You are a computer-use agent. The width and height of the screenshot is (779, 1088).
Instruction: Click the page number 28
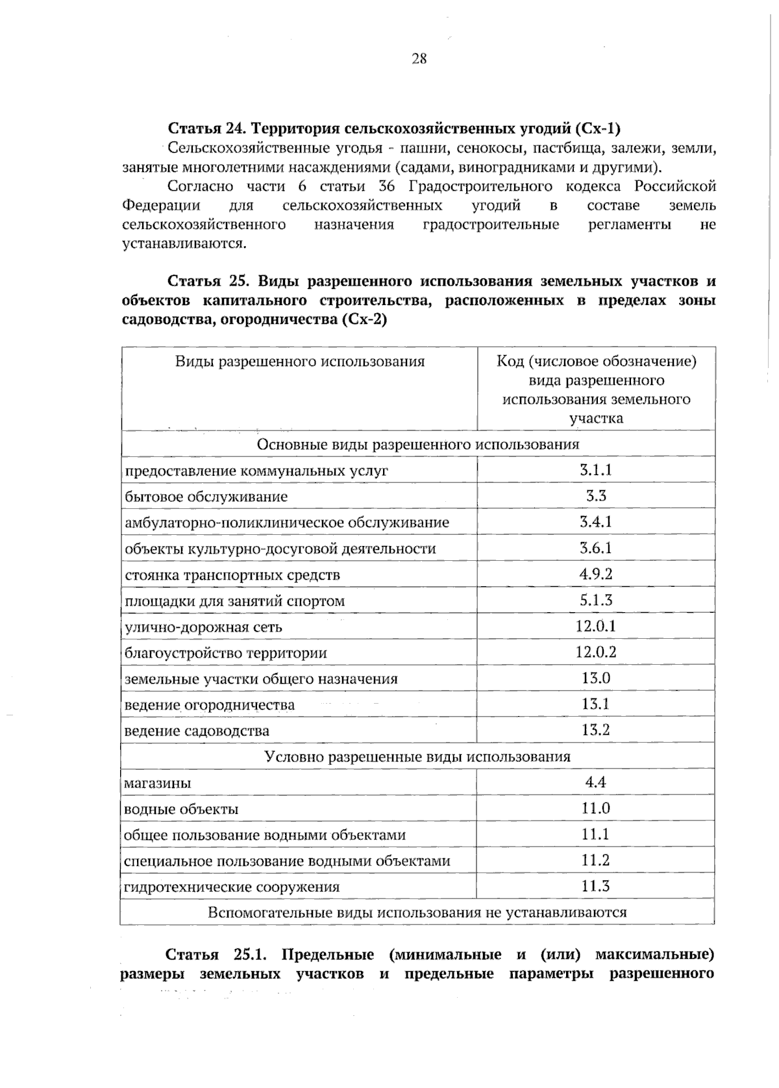coord(419,59)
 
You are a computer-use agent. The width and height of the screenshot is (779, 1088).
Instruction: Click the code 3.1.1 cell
coord(595,470)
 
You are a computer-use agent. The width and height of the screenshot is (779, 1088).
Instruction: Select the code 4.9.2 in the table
coord(595,574)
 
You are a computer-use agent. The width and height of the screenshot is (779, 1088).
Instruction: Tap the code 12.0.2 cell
coord(595,652)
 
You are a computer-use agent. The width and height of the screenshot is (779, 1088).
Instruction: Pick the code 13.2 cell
coord(595,730)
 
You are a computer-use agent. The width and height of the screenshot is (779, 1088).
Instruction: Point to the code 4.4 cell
coord(595,782)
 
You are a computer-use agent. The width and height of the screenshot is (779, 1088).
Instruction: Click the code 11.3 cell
coord(595,885)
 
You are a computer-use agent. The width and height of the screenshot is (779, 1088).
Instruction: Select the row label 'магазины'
coord(158,783)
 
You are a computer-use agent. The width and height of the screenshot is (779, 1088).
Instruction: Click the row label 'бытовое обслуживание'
coord(206,497)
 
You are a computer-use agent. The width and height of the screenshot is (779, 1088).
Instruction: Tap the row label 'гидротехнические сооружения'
coord(232,887)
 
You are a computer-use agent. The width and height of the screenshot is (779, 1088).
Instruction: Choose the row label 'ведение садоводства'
coord(197,731)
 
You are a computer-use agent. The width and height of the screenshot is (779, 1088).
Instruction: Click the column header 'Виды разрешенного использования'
coord(299,362)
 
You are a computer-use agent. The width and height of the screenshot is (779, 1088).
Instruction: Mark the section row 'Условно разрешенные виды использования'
coord(417,756)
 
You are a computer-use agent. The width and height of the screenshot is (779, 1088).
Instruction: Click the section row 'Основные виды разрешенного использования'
coord(417,445)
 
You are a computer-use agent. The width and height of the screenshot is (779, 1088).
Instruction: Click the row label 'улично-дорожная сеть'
coord(203,627)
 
